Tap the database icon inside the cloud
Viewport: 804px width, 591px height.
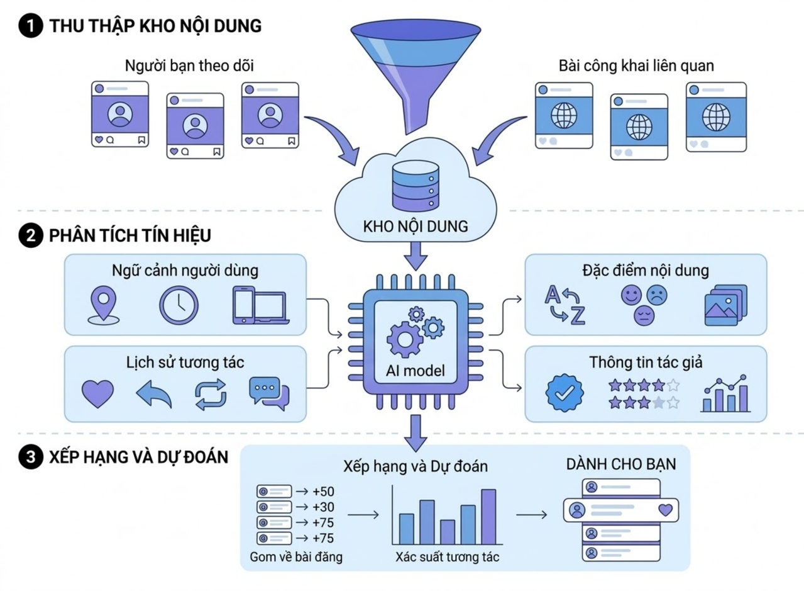[x=414, y=187]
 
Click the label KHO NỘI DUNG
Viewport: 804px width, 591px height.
[x=415, y=227]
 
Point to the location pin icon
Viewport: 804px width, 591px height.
[x=102, y=305]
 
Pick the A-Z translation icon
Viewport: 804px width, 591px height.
[x=564, y=305]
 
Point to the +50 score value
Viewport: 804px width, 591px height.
[x=323, y=491]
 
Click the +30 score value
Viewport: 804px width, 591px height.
[x=323, y=507]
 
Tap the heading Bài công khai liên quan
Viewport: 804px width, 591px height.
[x=636, y=65]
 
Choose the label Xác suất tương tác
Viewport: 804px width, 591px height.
[x=447, y=557]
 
